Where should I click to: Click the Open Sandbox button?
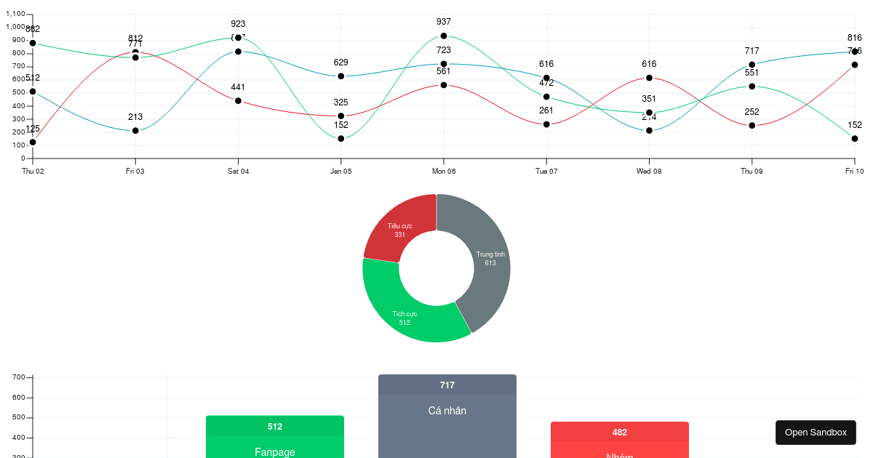816,433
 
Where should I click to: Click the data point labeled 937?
444,36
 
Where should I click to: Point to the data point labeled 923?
238,38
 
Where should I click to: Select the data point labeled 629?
341,76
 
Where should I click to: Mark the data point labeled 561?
444,85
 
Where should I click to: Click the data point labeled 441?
238,100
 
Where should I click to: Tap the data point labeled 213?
135,131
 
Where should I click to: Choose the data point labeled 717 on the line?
752,65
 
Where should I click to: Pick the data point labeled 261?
546,124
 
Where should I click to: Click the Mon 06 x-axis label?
444,172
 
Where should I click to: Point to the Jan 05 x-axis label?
341,172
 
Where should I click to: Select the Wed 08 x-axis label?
649,172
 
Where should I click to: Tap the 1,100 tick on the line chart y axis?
15,14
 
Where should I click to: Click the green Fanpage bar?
275,443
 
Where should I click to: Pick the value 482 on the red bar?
620,433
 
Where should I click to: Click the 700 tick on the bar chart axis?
19,377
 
